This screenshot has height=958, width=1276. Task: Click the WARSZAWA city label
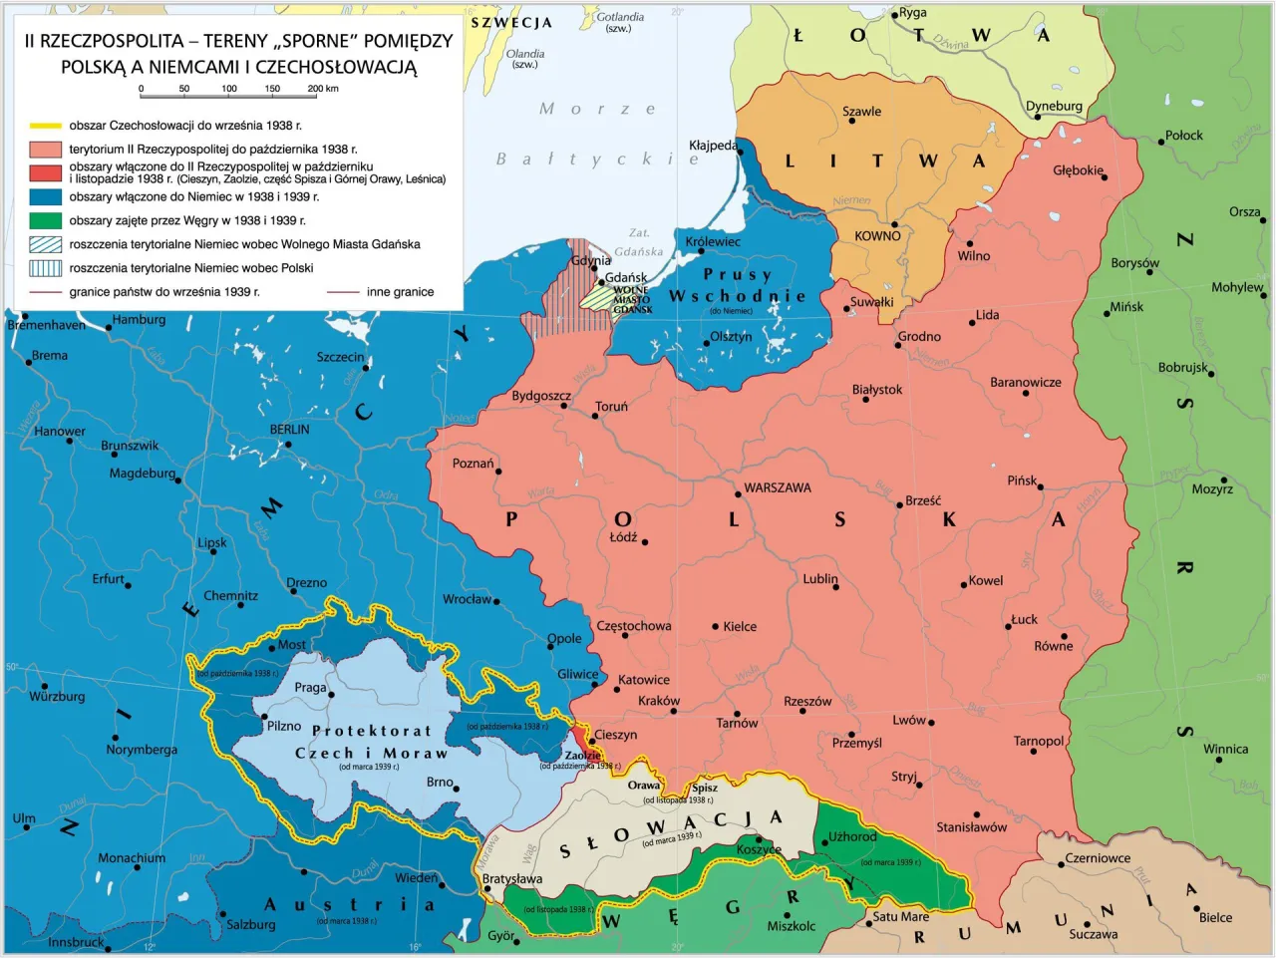[777, 487]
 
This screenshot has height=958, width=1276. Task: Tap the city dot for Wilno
[969, 243]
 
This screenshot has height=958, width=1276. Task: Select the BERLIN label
[289, 430]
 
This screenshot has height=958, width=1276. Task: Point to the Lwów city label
[908, 720]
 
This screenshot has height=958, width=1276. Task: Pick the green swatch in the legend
[46, 220]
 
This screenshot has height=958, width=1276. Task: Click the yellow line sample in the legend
[46, 126]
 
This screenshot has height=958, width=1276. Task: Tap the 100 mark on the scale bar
[228, 89]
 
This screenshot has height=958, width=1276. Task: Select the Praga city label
[310, 687]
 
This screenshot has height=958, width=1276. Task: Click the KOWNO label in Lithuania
[877, 236]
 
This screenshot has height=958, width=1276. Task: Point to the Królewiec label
[713, 241]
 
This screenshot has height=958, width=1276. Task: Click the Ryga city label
[912, 13]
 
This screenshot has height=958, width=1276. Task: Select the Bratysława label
[512, 878]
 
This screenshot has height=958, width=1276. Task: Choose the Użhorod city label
[852, 836]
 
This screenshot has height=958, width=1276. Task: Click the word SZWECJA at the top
[511, 22]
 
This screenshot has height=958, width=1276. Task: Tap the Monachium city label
[132, 857]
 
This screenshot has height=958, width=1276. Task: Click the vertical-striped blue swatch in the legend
[46, 268]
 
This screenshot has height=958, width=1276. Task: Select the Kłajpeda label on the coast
[713, 146]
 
